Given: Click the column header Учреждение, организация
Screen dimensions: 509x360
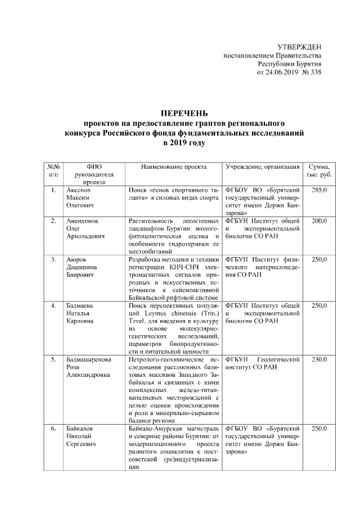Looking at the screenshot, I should coord(260,167).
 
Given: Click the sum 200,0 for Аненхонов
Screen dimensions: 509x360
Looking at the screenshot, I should coord(319,221).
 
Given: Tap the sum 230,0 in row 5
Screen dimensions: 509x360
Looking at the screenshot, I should coord(319,358).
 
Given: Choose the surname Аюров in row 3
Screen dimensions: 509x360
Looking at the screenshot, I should coord(74,259).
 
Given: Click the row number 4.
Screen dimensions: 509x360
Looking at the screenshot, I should coord(53,305).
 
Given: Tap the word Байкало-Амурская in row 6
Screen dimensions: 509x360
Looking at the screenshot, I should coord(156,429).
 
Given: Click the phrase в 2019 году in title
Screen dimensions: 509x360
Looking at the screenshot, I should coord(181,143).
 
